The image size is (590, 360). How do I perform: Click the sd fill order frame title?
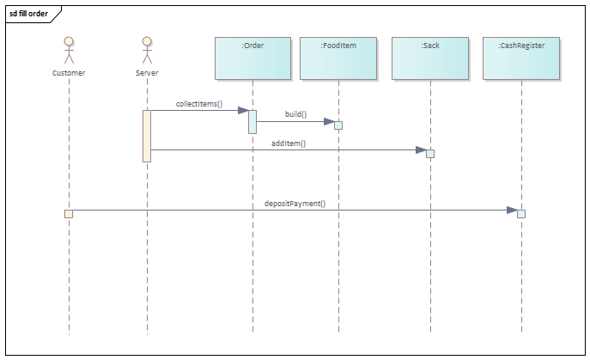pyautogui.click(x=29, y=15)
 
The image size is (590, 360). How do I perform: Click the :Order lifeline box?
pyautogui.click(x=252, y=58)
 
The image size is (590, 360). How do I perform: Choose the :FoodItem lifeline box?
pyautogui.click(x=338, y=58)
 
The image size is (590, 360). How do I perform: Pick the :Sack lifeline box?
pyautogui.click(x=430, y=58)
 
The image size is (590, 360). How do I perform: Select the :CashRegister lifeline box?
pyautogui.click(x=521, y=58)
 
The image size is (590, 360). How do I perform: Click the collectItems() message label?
pyautogui.click(x=199, y=104)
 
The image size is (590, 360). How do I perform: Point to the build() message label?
pyautogui.click(x=295, y=114)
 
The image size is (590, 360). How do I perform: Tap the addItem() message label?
pyautogui.click(x=289, y=143)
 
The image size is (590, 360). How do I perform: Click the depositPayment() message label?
pyautogui.click(x=295, y=204)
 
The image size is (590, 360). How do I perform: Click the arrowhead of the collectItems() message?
pyautogui.click(x=243, y=110)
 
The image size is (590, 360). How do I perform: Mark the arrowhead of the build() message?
pyautogui.click(x=329, y=122)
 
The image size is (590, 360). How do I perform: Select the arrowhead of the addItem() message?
pyautogui.click(x=421, y=150)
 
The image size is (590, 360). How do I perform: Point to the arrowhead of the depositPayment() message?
pyautogui.click(x=512, y=210)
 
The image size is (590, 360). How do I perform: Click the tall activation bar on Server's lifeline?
pyautogui.click(x=147, y=135)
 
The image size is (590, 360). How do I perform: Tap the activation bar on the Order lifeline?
pyautogui.click(x=252, y=121)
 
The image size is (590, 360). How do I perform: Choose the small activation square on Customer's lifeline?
pyautogui.click(x=69, y=213)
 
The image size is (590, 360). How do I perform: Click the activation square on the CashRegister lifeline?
pyautogui.click(x=521, y=213)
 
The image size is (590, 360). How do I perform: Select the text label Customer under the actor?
pyautogui.click(x=69, y=73)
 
